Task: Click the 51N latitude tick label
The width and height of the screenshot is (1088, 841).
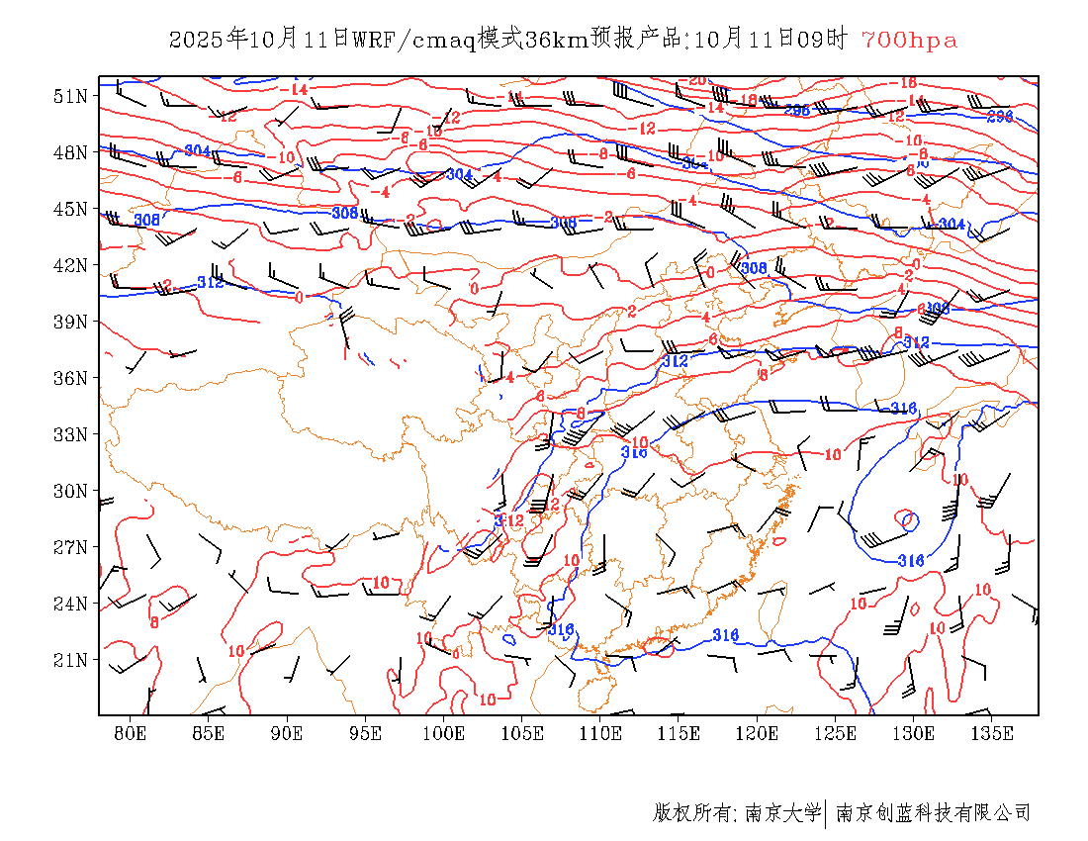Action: (x=71, y=96)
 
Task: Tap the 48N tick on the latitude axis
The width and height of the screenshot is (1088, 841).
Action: (x=71, y=152)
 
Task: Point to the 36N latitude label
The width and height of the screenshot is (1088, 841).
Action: (x=71, y=378)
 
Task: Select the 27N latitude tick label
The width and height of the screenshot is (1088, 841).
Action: (x=71, y=547)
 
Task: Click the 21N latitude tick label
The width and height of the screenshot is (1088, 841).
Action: (x=71, y=660)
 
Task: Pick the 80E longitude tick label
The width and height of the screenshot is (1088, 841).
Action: (x=131, y=733)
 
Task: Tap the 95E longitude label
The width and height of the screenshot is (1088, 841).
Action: (x=366, y=733)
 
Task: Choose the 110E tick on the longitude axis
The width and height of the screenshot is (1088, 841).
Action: (x=600, y=733)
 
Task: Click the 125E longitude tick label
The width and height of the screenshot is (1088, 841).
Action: (x=836, y=733)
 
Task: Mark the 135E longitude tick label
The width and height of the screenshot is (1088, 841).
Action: (x=992, y=733)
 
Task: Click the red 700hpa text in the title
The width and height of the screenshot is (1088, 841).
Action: (x=909, y=41)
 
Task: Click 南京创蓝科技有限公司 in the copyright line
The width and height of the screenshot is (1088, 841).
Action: (x=933, y=813)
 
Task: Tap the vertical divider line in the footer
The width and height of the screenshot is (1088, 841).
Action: (x=826, y=813)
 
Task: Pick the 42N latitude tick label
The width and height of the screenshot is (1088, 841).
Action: (x=71, y=265)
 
